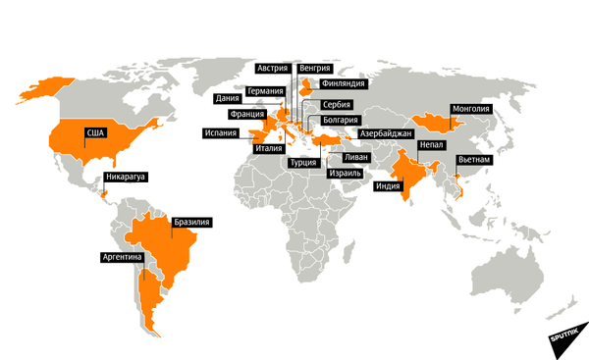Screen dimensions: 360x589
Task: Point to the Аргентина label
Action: [x=123, y=258]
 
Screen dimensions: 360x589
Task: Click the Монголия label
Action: [x=470, y=109]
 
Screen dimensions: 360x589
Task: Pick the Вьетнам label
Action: [x=474, y=158]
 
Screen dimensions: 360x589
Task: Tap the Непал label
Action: [x=432, y=144]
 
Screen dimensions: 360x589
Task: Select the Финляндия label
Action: [x=342, y=84]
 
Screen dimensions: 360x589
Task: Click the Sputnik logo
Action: [x=566, y=335]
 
